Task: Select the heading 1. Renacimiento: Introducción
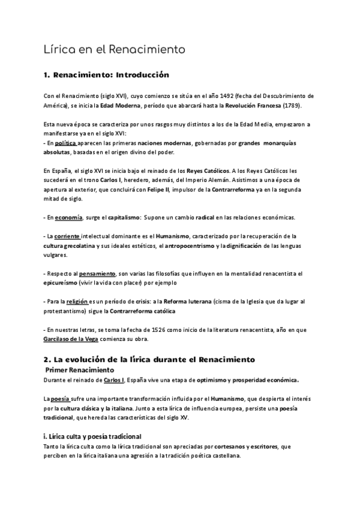point(107,76)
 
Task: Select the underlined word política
point(65,144)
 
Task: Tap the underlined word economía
point(67,217)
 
